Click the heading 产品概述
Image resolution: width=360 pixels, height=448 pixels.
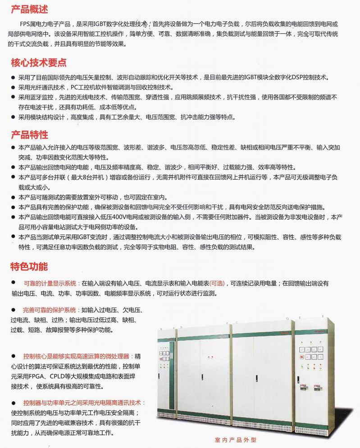click(29, 9)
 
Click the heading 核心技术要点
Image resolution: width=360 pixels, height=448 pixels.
click(38, 62)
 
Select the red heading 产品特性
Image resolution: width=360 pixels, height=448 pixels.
click(29, 135)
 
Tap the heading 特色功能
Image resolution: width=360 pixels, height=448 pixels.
click(29, 267)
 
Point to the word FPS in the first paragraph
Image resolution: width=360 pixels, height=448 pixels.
click(26, 24)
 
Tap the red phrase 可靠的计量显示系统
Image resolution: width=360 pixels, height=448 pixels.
click(50, 284)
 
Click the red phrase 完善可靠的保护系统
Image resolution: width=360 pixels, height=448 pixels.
click(50, 310)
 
